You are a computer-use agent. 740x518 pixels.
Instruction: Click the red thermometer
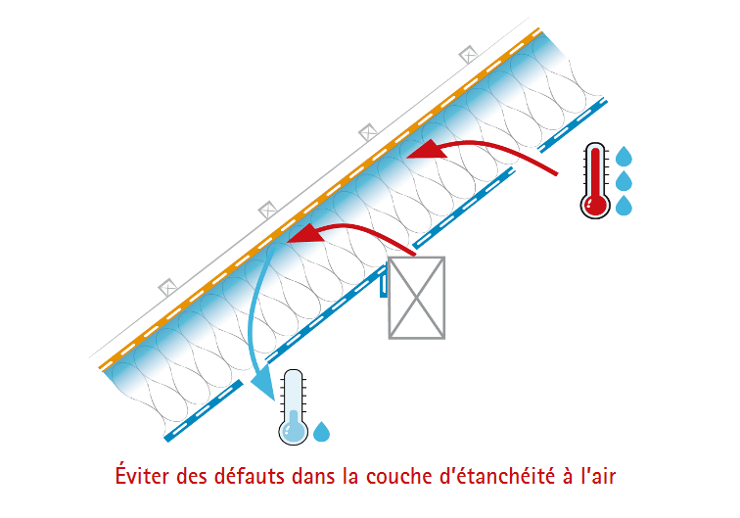pos(594,182)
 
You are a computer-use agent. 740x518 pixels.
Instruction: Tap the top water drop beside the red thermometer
pos(624,156)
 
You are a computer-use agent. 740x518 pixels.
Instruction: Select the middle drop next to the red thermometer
pos(624,181)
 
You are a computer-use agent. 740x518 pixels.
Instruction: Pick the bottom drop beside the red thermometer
pos(624,206)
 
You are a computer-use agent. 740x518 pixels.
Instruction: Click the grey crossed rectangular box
pos(416,298)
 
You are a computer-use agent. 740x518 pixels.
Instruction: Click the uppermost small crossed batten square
pos(469,55)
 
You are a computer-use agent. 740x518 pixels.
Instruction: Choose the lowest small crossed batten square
pos(166,288)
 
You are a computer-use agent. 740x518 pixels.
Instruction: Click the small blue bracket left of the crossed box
pos(385,285)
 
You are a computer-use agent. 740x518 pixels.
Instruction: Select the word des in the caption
pos(193,477)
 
